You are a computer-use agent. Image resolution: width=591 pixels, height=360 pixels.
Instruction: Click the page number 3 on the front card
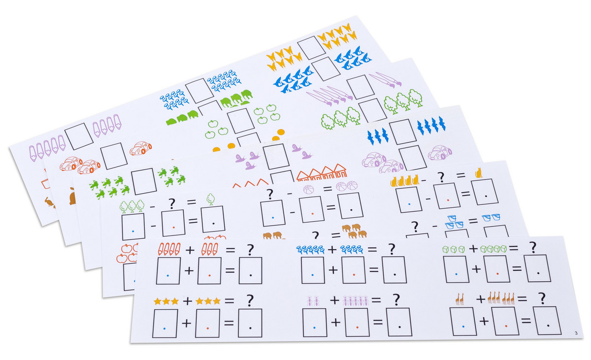click(576, 333)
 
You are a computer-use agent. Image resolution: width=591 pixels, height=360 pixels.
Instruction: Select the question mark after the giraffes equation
click(542, 298)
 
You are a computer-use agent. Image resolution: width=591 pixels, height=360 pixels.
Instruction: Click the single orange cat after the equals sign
click(479, 173)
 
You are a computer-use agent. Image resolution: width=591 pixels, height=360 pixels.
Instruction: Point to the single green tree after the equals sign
click(211, 199)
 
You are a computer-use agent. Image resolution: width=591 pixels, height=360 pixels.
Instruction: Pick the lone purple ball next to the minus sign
click(309, 190)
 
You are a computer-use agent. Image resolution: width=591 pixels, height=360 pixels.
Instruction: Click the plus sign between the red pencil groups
click(190, 250)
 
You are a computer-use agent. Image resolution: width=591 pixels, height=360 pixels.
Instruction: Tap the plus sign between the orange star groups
click(187, 301)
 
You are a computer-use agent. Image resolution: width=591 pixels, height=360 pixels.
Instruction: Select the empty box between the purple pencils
click(79, 136)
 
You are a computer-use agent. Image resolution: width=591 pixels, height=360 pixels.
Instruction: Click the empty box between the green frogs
click(144, 181)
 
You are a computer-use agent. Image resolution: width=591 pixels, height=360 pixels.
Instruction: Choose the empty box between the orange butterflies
click(312, 48)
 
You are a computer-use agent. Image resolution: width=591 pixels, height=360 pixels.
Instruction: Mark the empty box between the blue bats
click(403, 131)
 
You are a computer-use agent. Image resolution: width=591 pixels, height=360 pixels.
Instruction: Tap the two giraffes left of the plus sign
click(460, 299)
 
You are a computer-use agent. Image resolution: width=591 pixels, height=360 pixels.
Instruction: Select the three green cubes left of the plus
click(454, 249)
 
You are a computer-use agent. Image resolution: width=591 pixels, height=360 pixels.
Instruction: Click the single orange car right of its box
click(141, 148)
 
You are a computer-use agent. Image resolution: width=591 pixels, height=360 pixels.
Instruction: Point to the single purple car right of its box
click(439, 153)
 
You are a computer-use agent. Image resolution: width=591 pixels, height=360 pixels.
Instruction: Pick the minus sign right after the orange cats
click(424, 181)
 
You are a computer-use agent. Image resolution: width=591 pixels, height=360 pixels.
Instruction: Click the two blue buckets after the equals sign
click(491, 217)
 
